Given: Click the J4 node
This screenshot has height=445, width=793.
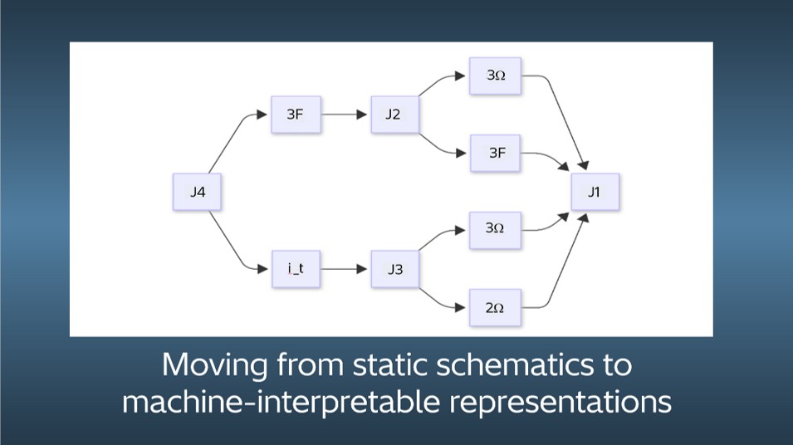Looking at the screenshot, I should pyautogui.click(x=197, y=193).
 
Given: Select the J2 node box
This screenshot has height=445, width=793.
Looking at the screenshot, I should pyautogui.click(x=393, y=115).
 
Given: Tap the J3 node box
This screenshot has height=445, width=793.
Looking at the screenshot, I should pyautogui.click(x=394, y=269).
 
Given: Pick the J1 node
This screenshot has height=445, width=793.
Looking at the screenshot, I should pyautogui.click(x=595, y=193).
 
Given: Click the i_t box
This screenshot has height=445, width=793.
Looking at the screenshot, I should pyautogui.click(x=296, y=269).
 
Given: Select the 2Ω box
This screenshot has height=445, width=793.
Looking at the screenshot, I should pyautogui.click(x=495, y=308).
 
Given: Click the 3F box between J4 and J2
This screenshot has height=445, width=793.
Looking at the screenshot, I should pyautogui.click(x=296, y=115).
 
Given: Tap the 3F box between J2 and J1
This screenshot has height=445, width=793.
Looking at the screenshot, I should pyautogui.click(x=496, y=153).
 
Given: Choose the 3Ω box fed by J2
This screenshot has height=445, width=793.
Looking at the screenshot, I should pyautogui.click(x=496, y=76).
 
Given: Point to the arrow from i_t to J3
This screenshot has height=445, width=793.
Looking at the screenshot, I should pyautogui.click(x=344, y=269).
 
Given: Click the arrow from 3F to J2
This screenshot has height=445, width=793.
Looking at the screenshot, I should pyautogui.click(x=344, y=115).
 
